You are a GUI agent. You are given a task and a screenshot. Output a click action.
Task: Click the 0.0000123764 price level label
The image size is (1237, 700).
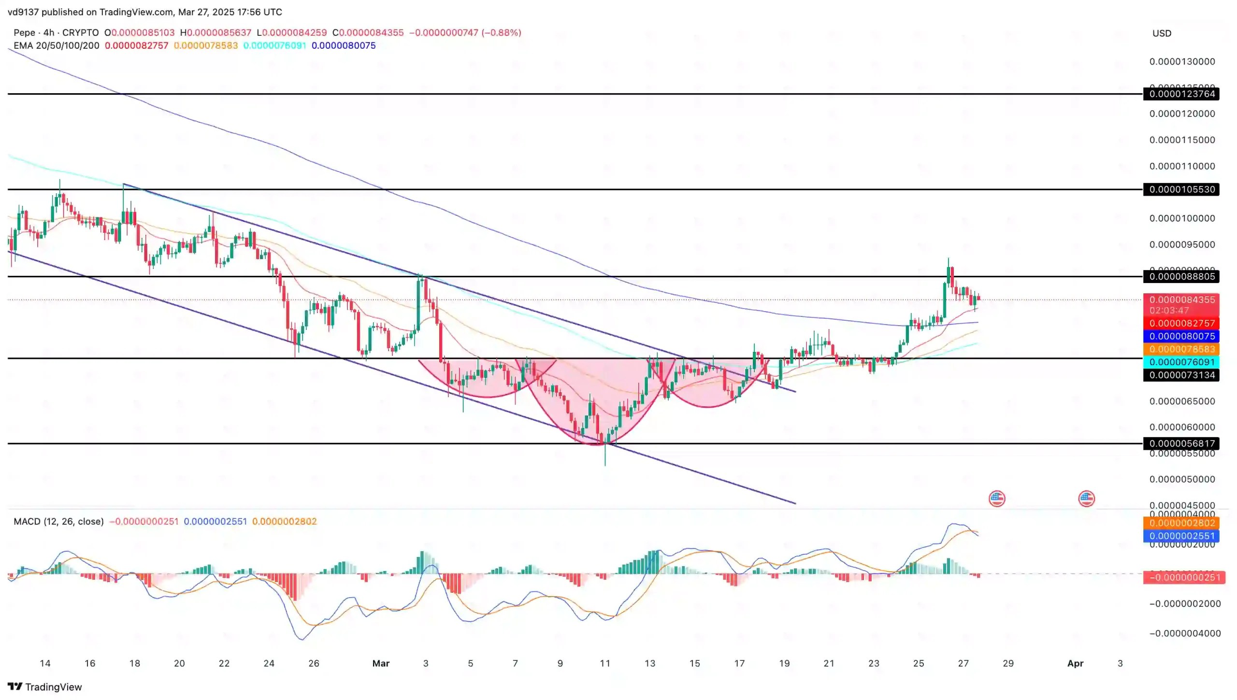pos(1181,94)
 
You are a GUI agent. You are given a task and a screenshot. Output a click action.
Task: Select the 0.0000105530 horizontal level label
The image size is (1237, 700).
pos(1181,189)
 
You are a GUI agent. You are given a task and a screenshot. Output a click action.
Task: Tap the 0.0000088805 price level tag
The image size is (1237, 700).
pos(1181,276)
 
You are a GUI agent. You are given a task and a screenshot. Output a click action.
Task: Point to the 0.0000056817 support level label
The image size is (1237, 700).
pos(1181,443)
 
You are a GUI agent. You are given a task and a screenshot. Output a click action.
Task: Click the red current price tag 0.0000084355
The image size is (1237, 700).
pos(1181,300)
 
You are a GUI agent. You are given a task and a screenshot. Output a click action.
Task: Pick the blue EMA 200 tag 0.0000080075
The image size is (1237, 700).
pos(1181,336)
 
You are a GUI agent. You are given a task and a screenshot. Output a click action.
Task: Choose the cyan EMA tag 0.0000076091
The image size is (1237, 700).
pos(1181,362)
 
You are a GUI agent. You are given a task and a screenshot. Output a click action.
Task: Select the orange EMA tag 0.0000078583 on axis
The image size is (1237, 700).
pos(1181,349)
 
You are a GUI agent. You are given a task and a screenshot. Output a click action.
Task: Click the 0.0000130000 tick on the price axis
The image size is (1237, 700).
pos(1181,62)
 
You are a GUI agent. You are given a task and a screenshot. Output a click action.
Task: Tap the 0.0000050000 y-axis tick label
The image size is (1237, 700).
pos(1181,479)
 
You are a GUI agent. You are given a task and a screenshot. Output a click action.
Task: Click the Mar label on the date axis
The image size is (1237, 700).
pos(381,663)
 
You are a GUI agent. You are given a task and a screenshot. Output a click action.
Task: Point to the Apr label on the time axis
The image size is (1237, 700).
pos(1075,663)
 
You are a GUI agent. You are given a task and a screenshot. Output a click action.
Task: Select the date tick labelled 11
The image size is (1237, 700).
pos(605,663)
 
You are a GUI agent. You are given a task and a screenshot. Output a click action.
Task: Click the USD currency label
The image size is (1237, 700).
pos(1162,33)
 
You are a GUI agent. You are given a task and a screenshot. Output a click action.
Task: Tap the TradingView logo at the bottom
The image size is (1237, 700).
pos(45,686)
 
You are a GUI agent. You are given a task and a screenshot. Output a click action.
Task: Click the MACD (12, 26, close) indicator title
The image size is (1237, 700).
pos(58,521)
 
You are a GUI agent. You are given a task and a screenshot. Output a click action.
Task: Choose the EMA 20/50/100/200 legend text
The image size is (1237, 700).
pos(57,45)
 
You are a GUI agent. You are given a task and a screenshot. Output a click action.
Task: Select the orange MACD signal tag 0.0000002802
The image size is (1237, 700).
pos(1181,523)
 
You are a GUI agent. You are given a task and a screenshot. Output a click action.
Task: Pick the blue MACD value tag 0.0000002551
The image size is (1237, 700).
pos(1181,536)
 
